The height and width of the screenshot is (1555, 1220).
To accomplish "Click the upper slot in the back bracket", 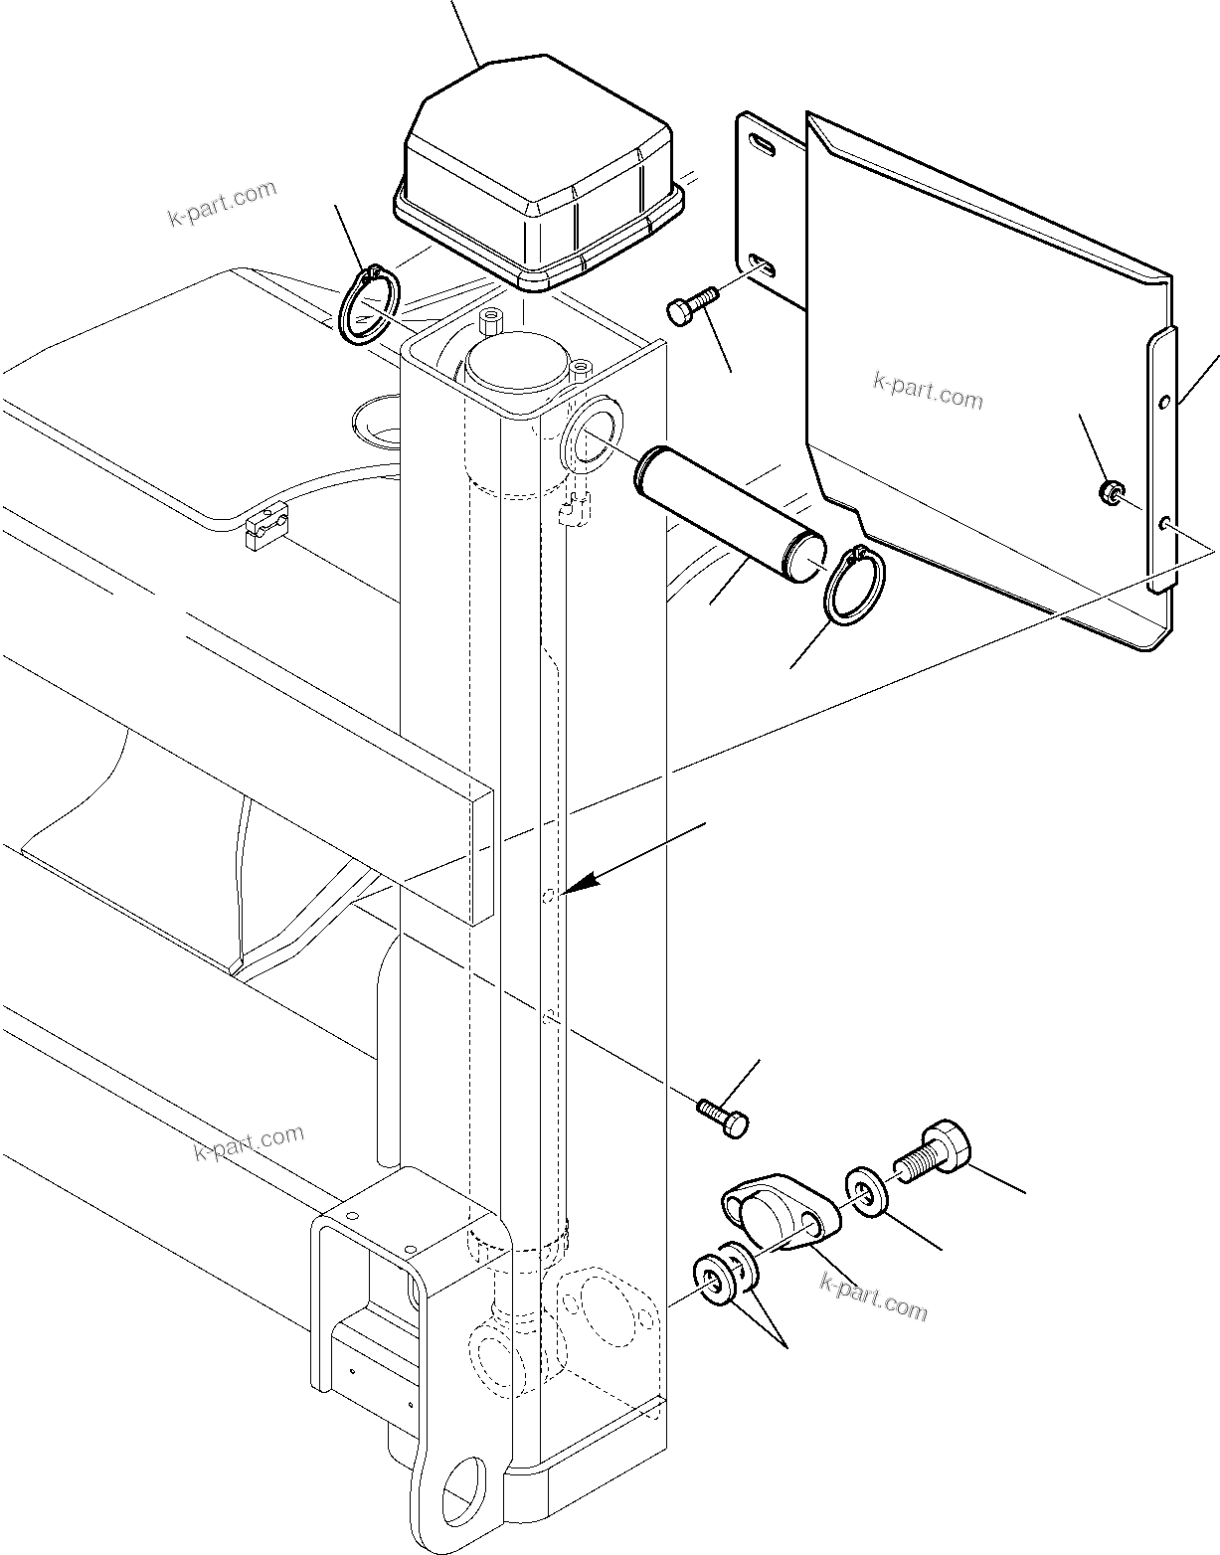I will tap(763, 147).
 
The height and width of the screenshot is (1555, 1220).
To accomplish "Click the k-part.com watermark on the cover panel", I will tap(928, 391).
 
